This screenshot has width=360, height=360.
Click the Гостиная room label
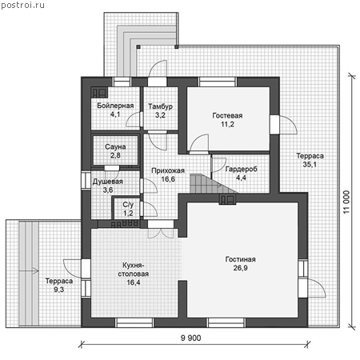click(x=240, y=259)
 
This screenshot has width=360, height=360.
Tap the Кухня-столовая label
click(x=134, y=270)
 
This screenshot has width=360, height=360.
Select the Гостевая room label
click(x=227, y=115)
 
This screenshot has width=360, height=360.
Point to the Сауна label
click(x=115, y=146)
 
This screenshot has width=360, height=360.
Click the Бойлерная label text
click(x=115, y=106)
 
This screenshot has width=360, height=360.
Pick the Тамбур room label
click(x=160, y=106)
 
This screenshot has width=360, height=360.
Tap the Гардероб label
click(x=241, y=169)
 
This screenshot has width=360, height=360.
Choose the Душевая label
click(x=108, y=182)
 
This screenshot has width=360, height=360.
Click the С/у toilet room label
click(x=128, y=205)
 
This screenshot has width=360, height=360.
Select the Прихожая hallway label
click(x=168, y=170)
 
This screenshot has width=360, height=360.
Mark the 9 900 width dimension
click(x=191, y=338)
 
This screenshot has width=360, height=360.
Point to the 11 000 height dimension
click(x=346, y=202)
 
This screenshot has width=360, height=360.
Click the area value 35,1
click(x=310, y=165)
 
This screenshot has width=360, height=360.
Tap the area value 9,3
click(x=58, y=290)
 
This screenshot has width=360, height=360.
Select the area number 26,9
click(x=240, y=268)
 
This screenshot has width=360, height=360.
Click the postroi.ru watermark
click(x=22, y=6)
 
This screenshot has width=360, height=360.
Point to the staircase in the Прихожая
click(x=210, y=183)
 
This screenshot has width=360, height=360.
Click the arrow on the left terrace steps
click(x=29, y=271)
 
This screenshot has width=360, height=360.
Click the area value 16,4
click(x=134, y=282)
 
